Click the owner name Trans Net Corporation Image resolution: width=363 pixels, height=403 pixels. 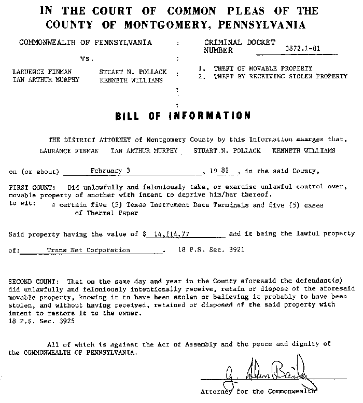(x=89, y=250)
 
